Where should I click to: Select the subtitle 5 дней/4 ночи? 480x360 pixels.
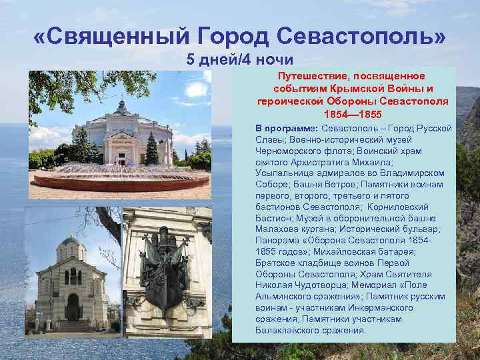tap(240, 59)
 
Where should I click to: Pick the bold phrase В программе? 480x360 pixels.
tap(287, 127)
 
